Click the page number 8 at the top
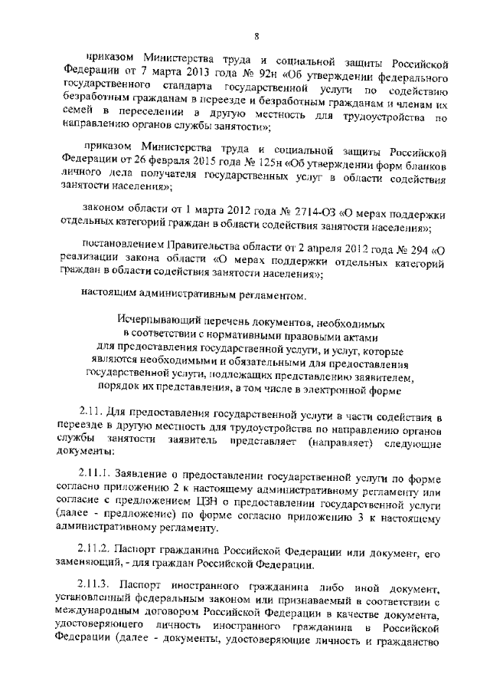pyautogui.click(x=258, y=36)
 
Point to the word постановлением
pyautogui.click(x=124, y=246)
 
